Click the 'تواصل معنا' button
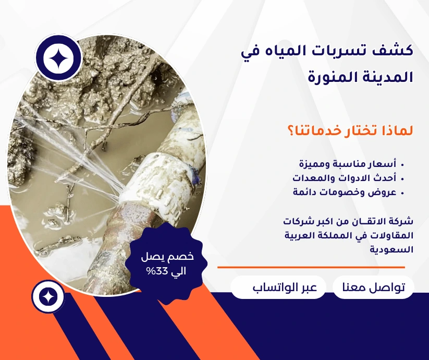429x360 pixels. pos(373,287)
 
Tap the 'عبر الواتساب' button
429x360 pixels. pos(278,287)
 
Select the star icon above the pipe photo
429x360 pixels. pos(58,57)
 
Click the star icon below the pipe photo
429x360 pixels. pos(48,296)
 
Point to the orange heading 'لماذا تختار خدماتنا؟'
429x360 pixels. pos(350,130)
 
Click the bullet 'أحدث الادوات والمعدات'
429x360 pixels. pos(344,178)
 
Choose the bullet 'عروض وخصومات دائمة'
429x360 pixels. pos(345,192)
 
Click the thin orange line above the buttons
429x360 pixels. pos(311,267)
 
